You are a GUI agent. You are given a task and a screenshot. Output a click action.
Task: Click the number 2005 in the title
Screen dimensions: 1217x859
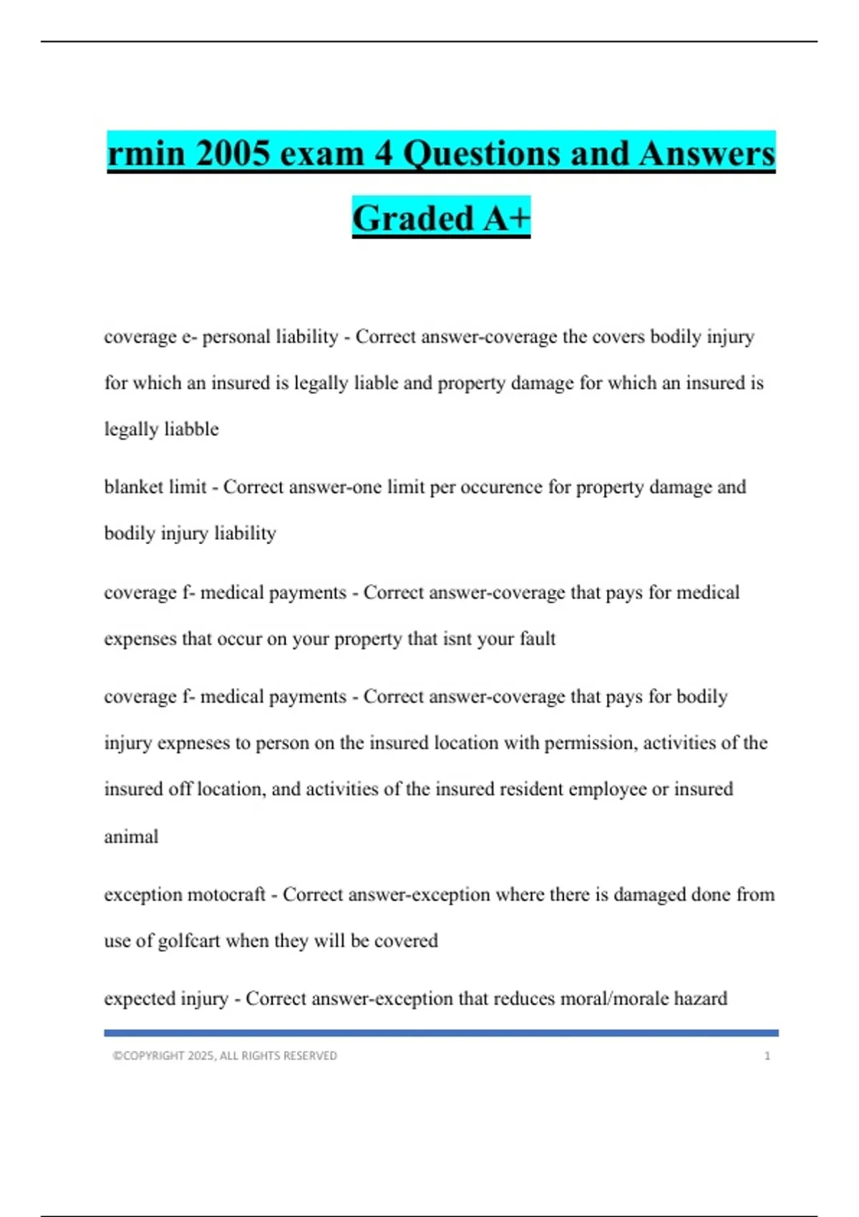[x=231, y=154]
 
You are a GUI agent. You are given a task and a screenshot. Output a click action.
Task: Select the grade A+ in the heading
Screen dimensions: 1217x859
[x=507, y=218]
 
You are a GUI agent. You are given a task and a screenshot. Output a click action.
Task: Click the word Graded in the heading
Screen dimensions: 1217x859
[x=413, y=218]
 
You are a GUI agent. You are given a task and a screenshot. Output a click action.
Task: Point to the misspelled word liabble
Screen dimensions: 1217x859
[x=191, y=429]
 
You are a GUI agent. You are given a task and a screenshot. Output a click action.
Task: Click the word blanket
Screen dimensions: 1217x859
[x=134, y=487]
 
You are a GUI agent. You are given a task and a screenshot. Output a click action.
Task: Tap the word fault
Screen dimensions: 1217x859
[x=537, y=639]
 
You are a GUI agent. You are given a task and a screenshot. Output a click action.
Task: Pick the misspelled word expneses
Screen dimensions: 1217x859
[x=193, y=743]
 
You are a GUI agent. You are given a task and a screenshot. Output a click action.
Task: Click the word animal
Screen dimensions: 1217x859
[x=131, y=836]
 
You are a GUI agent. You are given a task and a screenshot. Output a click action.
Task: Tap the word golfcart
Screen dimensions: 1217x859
[x=188, y=941]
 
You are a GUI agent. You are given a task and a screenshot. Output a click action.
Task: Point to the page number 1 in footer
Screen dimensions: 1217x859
[x=767, y=1056]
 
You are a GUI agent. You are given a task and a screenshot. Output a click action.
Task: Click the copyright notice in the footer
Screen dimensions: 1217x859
[x=225, y=1056]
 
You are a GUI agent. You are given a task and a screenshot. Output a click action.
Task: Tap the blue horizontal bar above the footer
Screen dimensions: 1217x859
[x=441, y=1033]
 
